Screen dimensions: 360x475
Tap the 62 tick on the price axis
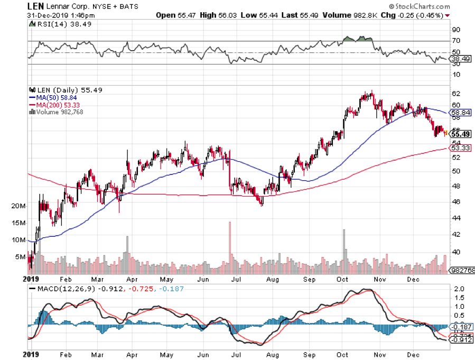pos(455,94)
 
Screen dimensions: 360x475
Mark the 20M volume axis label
pos(18,206)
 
